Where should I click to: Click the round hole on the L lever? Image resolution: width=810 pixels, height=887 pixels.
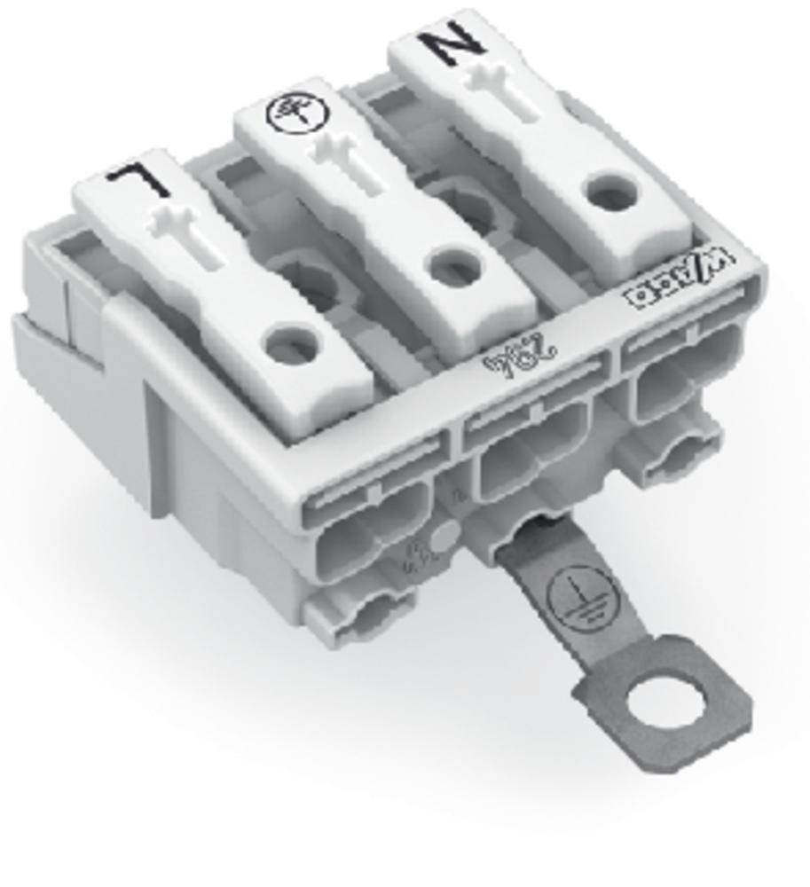pyautogui.click(x=292, y=341)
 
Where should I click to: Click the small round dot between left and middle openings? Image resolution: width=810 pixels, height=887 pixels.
pyautogui.click(x=444, y=535)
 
